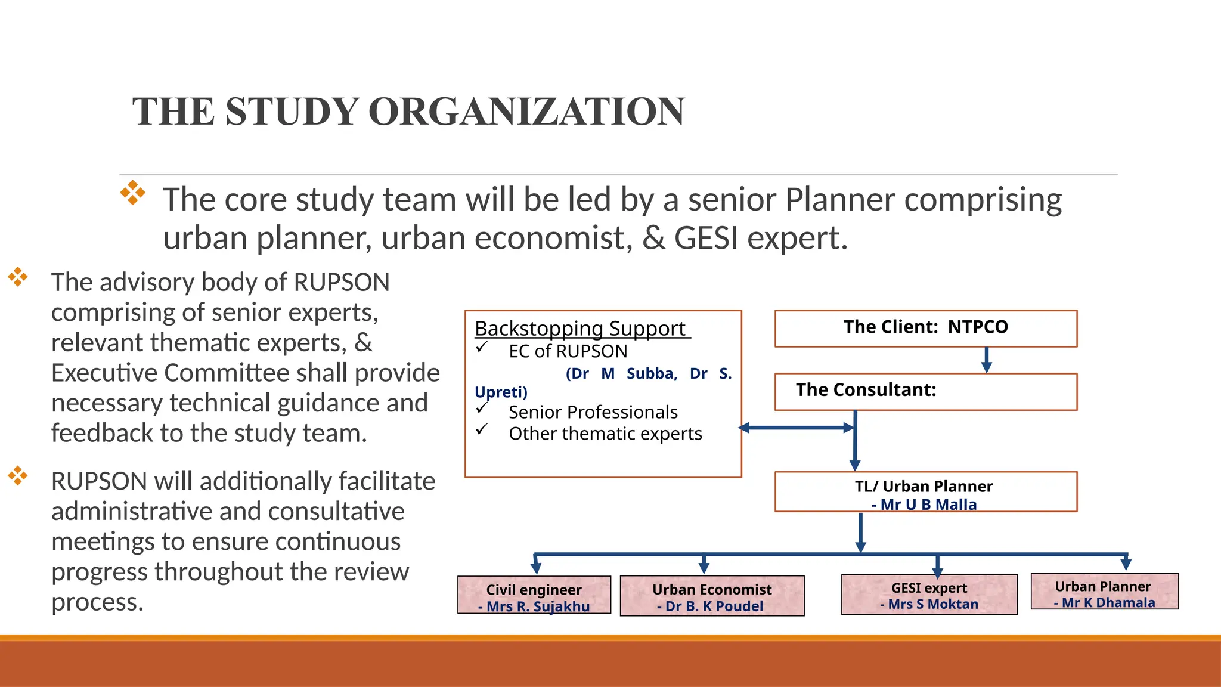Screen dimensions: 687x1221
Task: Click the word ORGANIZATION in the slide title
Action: [x=526, y=112]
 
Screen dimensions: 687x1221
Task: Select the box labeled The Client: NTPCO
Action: [x=925, y=328]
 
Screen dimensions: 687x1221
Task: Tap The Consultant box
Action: [x=925, y=391]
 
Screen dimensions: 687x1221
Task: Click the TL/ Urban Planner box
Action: [x=925, y=491]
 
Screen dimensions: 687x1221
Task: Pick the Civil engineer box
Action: [x=534, y=595]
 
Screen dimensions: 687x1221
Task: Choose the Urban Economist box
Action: [x=712, y=596]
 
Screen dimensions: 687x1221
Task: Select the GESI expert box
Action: [x=929, y=595]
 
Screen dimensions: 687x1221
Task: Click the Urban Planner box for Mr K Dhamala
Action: [x=1104, y=592]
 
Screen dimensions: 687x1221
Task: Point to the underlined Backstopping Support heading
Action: [x=581, y=329]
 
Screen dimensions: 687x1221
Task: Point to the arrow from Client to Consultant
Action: [x=987, y=360]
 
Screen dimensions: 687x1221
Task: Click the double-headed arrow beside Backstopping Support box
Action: [x=797, y=428]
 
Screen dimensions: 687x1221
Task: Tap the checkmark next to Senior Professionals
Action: [x=482, y=409]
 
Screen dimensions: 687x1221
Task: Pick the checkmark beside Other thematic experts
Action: [x=482, y=429]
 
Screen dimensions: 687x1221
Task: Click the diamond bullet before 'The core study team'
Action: [x=132, y=193]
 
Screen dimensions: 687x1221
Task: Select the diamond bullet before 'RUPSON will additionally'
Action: [x=18, y=475]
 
